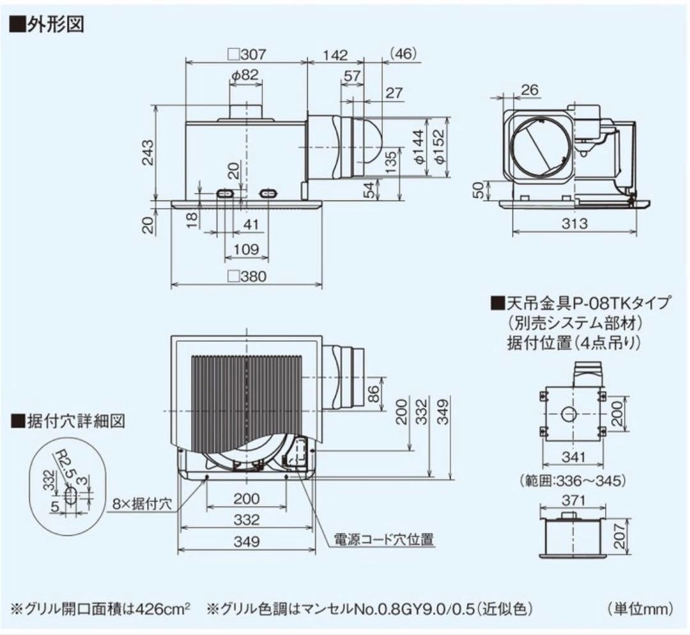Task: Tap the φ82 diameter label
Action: click(x=245, y=75)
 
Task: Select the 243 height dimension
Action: click(x=148, y=151)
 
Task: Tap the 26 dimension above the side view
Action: click(x=529, y=90)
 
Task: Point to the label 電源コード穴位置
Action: click(x=385, y=540)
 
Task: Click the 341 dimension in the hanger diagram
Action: click(x=573, y=458)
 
